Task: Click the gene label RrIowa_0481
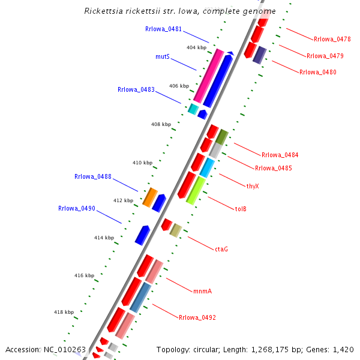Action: click(164, 29)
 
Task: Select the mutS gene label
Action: click(163, 57)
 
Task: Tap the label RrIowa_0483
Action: click(136, 90)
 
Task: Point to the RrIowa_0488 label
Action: click(93, 177)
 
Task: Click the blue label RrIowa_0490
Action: click(77, 209)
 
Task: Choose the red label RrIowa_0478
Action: click(332, 39)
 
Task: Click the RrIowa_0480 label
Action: click(318, 73)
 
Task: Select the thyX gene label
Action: click(253, 186)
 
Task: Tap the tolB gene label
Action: click(241, 209)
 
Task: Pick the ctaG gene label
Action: click(221, 248)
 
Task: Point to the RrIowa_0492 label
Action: click(197, 317)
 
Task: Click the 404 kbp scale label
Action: click(196, 47)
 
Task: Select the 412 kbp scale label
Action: click(123, 200)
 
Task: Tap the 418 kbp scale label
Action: click(64, 312)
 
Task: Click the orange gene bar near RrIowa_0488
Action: click(150, 197)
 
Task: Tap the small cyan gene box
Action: click(193, 109)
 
